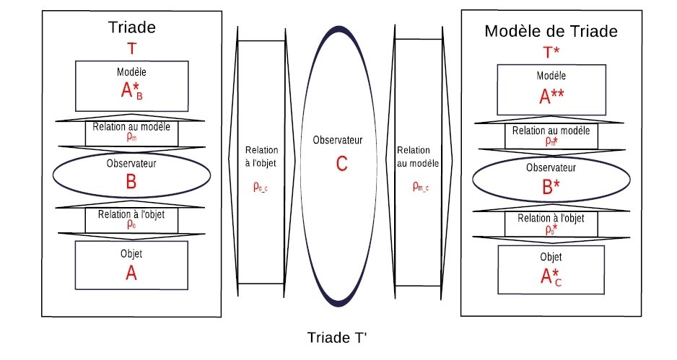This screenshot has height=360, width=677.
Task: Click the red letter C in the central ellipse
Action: (x=341, y=164)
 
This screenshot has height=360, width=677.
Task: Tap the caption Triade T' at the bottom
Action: (x=338, y=338)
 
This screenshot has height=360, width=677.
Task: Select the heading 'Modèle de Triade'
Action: (x=551, y=32)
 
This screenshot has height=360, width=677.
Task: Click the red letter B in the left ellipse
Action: (x=131, y=181)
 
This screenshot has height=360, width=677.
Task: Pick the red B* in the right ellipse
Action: (x=551, y=185)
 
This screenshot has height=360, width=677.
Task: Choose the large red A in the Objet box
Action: (x=131, y=273)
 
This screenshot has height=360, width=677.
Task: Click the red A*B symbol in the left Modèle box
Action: (x=132, y=92)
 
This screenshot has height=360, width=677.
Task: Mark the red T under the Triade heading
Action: (x=131, y=48)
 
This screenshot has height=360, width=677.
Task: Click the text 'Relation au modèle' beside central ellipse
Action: (x=419, y=157)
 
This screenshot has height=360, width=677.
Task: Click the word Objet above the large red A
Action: (x=131, y=254)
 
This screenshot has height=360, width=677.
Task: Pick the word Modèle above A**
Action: (x=551, y=76)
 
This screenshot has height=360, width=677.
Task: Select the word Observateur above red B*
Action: (x=551, y=168)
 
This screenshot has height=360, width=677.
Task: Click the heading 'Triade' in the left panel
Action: (x=131, y=28)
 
